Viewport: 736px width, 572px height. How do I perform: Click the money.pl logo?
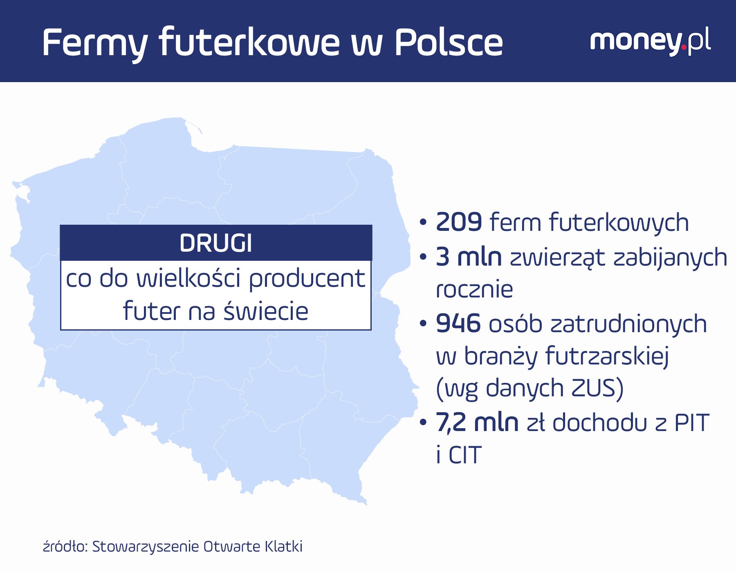(x=651, y=42)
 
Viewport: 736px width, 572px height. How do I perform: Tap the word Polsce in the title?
(x=449, y=42)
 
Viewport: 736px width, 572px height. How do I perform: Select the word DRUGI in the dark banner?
(x=216, y=243)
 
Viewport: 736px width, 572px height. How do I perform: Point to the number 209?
(x=459, y=222)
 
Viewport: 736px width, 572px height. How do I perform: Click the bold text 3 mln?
(x=469, y=257)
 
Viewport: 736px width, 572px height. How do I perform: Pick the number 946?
(x=458, y=324)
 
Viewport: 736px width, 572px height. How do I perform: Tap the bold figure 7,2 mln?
(x=477, y=422)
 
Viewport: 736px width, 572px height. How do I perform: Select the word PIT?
(x=691, y=422)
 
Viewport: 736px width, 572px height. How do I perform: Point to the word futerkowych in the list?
(x=619, y=223)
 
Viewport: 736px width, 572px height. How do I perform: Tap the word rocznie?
(x=474, y=290)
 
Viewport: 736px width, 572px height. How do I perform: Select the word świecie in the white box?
(x=267, y=311)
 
